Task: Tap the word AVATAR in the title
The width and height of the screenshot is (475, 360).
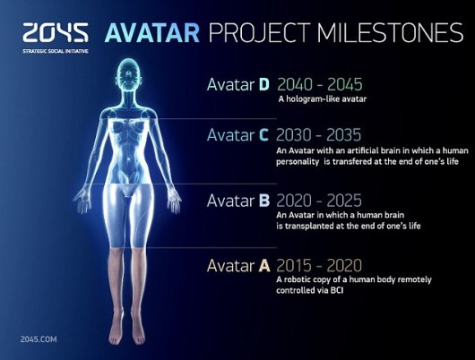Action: coord(150,34)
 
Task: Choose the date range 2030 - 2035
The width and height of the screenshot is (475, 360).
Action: coord(315,135)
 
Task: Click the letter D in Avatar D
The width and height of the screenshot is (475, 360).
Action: coord(263,86)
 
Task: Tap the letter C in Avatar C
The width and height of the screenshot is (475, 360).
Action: coord(263,135)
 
